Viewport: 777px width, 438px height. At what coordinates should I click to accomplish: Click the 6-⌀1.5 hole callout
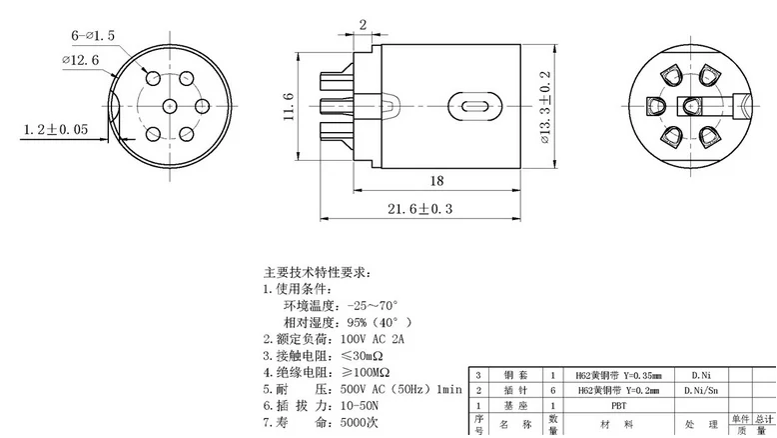pos(95,36)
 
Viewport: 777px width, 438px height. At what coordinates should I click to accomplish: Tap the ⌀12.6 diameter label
pos(81,61)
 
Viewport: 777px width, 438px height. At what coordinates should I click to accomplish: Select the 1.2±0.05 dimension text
pos(56,129)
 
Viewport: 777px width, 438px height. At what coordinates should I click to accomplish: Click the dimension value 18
pos(435,180)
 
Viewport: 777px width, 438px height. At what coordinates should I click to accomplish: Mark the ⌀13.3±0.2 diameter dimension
pos(545,106)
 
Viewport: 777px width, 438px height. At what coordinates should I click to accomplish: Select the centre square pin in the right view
pos(690,105)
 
